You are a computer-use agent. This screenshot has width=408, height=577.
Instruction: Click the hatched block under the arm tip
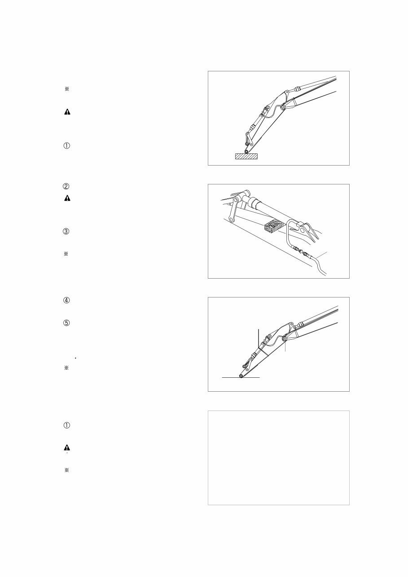coord(246,156)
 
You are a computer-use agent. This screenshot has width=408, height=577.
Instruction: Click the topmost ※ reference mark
coord(66,89)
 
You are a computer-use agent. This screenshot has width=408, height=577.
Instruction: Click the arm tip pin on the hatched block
coord(246,151)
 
